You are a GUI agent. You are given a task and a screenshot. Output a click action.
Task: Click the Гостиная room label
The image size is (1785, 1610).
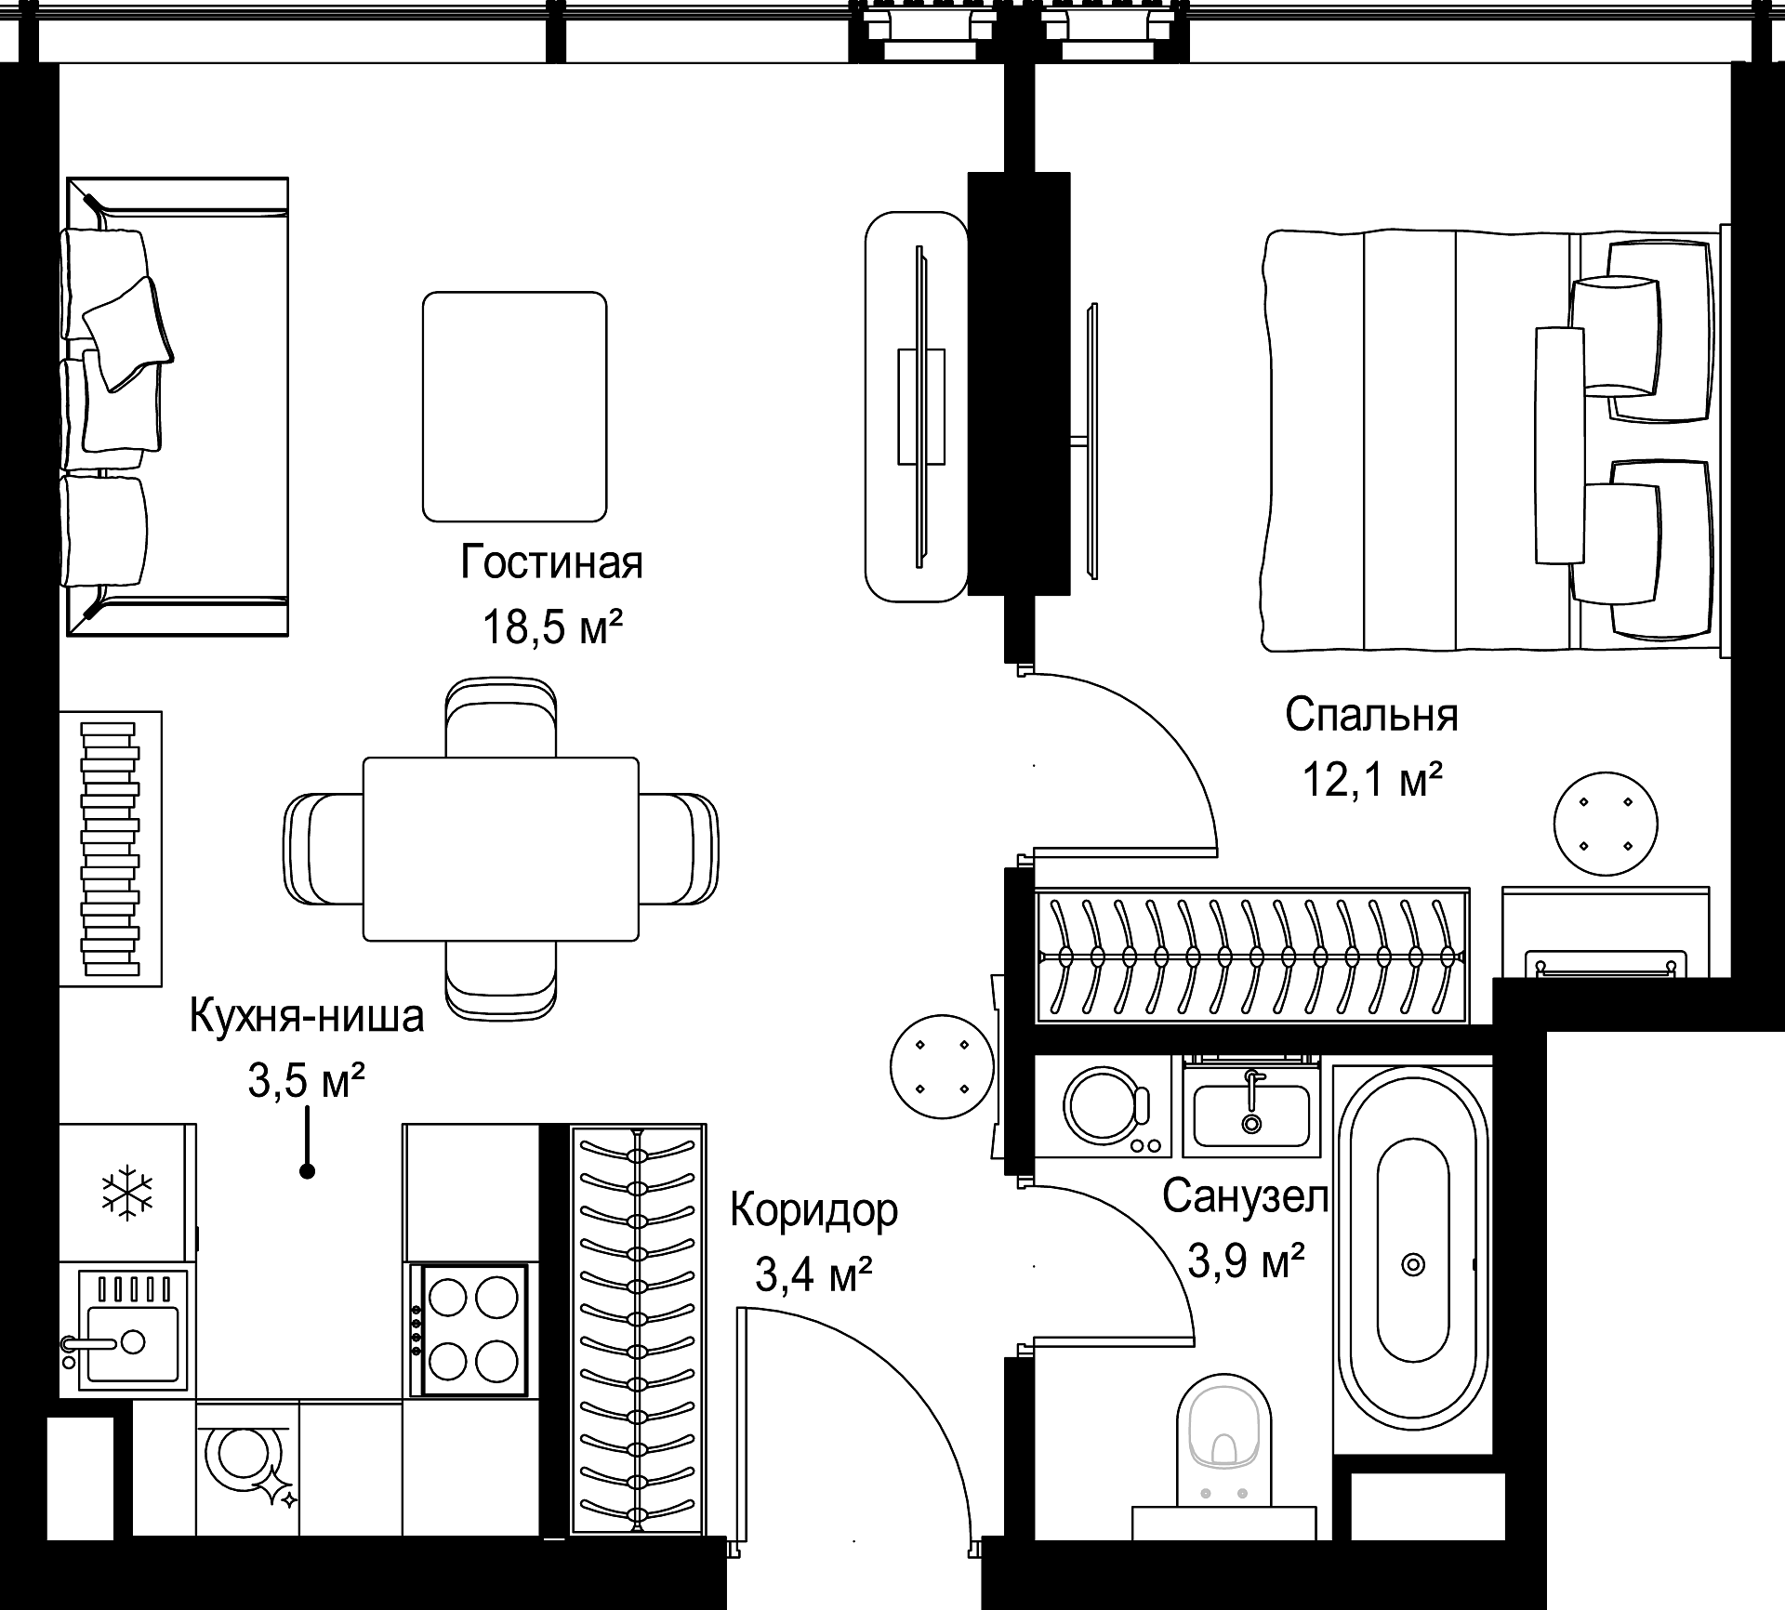pos(551,562)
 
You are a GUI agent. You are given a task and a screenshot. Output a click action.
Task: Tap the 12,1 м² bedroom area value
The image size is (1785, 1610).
pos(1371,780)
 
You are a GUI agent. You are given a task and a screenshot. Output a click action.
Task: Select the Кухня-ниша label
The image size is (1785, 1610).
pos(307,1016)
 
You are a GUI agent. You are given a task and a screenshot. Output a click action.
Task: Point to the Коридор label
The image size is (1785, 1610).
pos(813,1210)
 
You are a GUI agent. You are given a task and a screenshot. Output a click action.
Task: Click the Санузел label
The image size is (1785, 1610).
pos(1246,1197)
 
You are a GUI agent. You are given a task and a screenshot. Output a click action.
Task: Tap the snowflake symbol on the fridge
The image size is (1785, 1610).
pos(127,1193)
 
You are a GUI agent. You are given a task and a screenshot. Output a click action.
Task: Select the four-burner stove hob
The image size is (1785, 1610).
pos(475,1329)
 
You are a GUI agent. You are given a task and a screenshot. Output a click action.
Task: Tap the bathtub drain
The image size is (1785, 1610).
pos(1413,1265)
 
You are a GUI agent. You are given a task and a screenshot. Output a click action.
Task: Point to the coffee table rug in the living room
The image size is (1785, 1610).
pos(515,406)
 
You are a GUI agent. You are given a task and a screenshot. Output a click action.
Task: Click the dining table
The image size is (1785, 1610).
pos(501,849)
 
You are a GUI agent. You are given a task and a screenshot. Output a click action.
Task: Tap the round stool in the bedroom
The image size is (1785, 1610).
pos(1606,824)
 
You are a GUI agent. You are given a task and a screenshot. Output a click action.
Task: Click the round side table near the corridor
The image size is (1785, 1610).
pos(942,1066)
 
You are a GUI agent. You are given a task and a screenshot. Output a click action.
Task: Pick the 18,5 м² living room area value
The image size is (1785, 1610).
pos(551,627)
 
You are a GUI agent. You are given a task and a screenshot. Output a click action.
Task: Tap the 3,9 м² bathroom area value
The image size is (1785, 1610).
pos(1247,1261)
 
